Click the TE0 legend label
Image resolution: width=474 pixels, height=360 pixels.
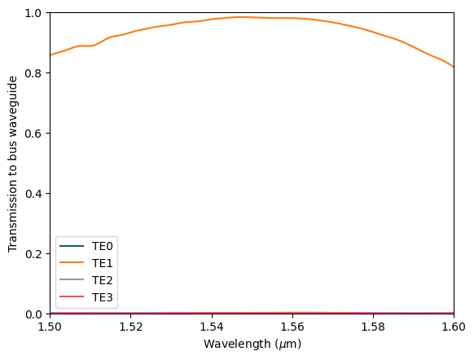coord(102,246)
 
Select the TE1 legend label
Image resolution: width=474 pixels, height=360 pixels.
coord(102,263)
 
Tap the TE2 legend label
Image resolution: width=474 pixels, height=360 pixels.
coord(102,280)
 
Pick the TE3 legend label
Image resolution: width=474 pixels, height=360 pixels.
coord(102,297)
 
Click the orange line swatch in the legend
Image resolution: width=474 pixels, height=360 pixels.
coord(72,263)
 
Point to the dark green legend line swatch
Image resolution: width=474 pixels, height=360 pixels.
coord(72,246)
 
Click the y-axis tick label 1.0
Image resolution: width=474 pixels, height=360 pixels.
coord(35,13)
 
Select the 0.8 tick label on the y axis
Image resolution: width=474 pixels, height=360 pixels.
coord(35,73)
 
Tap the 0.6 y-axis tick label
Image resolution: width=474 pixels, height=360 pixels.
coord(35,134)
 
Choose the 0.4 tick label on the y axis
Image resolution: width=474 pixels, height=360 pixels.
coord(35,194)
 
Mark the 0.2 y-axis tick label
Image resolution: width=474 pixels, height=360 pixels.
coord(35,254)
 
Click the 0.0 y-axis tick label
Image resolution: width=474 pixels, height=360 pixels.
coord(35,314)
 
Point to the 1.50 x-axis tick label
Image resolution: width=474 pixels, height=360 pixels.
coord(50,327)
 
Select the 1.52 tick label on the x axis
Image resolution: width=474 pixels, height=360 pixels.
coord(131,327)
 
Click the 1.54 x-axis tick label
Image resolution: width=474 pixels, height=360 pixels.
coord(212,327)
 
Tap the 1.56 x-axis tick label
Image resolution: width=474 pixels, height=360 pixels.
coord(292,327)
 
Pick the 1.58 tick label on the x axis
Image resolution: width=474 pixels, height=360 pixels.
coord(373,327)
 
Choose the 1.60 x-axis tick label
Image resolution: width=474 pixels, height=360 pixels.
coord(454,327)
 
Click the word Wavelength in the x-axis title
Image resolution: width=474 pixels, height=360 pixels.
coord(237,345)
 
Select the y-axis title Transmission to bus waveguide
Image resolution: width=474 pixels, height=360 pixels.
coord(13,164)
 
